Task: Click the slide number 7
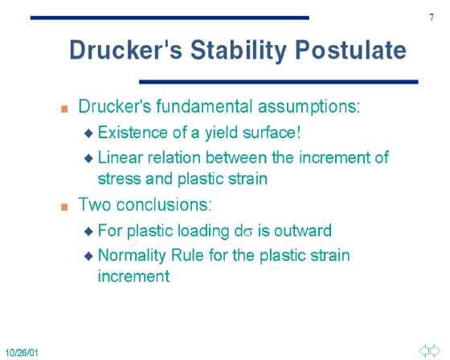[432, 18]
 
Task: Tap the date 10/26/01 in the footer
[22, 353]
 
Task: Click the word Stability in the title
[239, 51]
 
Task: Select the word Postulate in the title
[350, 50]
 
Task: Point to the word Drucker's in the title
[125, 50]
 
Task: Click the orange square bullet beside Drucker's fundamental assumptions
[64, 109]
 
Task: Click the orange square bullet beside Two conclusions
[64, 207]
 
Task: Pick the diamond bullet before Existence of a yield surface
[88, 133]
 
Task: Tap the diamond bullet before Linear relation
[88, 158]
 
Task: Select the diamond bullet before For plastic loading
[88, 231]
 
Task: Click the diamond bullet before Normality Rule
[88, 256]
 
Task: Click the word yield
[221, 133]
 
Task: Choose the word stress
[119, 178]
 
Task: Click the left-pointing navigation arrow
[424, 351]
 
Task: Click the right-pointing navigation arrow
[435, 351]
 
